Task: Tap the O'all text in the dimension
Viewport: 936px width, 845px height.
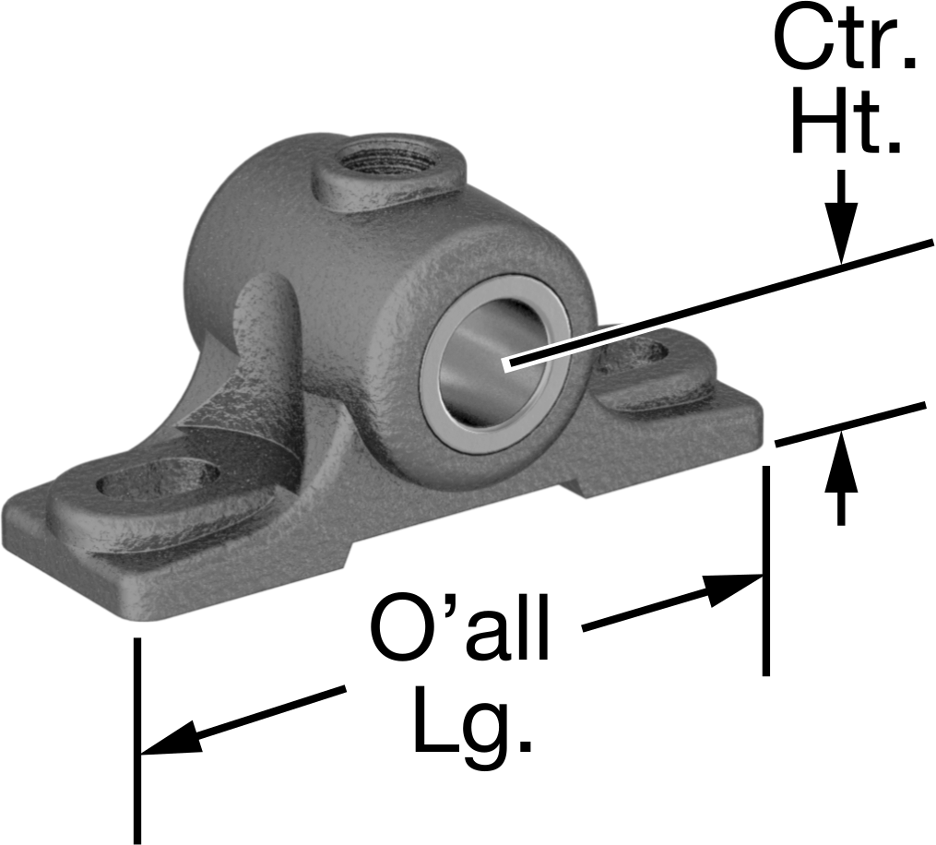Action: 459,627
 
